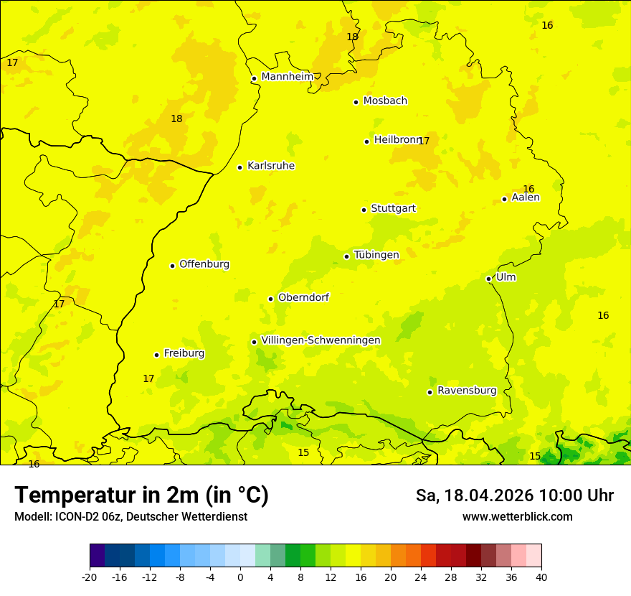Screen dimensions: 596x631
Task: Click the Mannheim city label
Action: [287, 76]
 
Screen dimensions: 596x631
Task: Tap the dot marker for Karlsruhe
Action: [239, 167]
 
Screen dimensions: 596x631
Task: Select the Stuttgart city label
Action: [393, 208]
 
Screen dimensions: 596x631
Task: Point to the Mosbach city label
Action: [385, 101]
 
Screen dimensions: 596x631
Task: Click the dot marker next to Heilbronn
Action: [366, 141]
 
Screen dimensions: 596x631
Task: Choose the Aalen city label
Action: [526, 197]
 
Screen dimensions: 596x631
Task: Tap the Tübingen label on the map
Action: [376, 255]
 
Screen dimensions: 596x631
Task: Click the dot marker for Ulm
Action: [488, 279]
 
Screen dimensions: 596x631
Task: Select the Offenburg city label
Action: [204, 264]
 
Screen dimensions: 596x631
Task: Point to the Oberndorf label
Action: [303, 297]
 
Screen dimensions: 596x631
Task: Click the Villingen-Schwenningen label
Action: [321, 340]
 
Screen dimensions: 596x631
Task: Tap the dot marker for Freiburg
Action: [156, 355]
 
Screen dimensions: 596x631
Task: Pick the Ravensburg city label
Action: [467, 391]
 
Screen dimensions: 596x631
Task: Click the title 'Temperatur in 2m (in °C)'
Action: [141, 495]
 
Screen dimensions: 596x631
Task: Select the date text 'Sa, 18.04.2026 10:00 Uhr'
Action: [514, 495]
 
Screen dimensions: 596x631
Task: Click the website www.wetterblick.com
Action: [517, 517]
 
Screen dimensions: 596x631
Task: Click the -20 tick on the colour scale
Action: [90, 577]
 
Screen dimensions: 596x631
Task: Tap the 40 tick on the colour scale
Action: [541, 577]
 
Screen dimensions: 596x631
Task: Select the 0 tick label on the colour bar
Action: [240, 577]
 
